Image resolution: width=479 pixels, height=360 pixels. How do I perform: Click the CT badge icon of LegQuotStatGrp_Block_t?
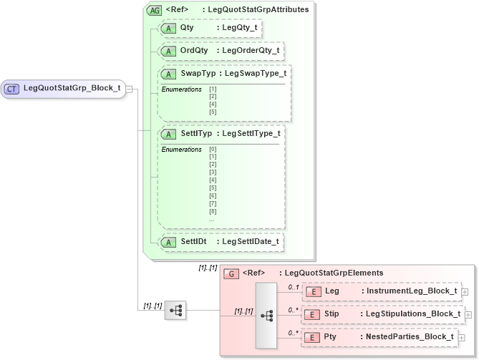coord(12,89)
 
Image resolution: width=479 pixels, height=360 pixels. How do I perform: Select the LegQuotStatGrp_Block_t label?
coord(72,89)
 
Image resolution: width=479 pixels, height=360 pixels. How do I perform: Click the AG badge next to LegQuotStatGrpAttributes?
coord(153,10)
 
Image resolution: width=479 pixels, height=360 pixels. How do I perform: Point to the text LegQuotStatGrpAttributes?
coord(256,10)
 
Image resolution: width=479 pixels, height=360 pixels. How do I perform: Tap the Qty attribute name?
coord(188,28)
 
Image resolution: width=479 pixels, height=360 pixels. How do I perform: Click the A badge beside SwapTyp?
coord(170,74)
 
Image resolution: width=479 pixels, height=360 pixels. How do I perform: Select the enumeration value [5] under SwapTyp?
coord(213,112)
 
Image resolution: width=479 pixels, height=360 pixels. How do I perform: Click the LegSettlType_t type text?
coord(248,133)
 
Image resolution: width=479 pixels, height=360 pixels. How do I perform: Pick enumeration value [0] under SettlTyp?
coord(213,149)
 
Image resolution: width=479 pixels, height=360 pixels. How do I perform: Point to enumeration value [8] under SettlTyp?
coord(213,211)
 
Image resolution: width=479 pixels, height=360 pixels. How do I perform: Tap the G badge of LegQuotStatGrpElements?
coord(231,273)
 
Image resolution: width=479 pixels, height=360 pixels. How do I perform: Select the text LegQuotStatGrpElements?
coord(334,273)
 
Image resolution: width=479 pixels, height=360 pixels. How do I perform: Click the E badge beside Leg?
coord(312,291)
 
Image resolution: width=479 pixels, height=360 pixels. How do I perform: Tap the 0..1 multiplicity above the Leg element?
coord(292,286)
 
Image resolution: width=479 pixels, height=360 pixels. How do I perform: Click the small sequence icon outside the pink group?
coord(175,311)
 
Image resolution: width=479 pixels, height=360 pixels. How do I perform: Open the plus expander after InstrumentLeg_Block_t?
coord(465,291)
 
